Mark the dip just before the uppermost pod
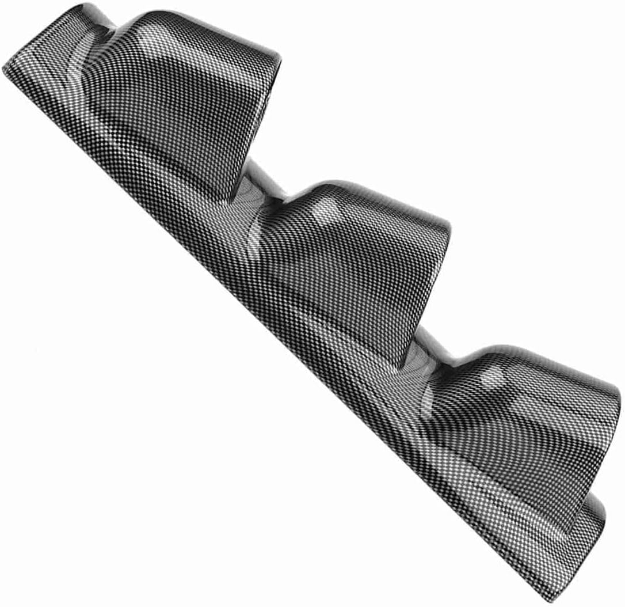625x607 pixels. pyautogui.click(x=109, y=26)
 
